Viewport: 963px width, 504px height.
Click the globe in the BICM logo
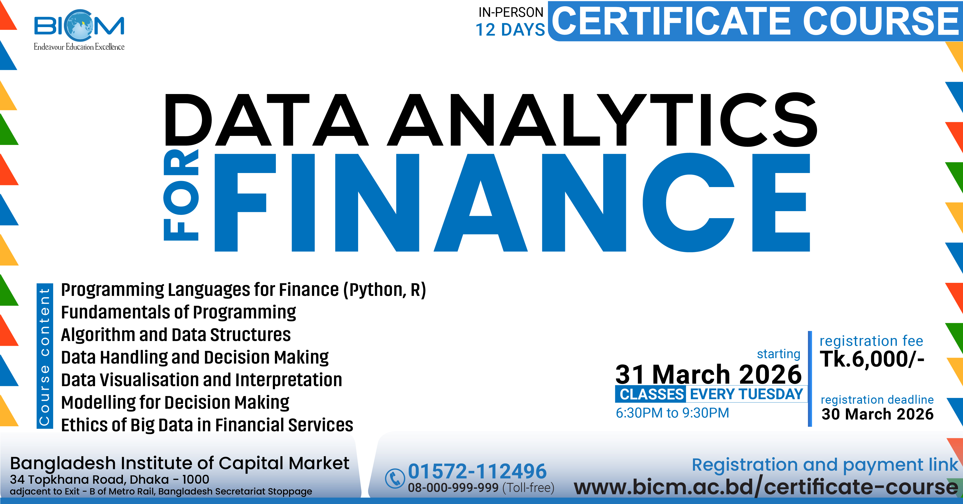point(79,25)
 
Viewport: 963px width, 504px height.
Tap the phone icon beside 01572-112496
point(395,478)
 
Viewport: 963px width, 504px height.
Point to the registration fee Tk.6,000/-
point(872,359)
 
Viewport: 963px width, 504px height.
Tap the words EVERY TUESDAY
point(746,394)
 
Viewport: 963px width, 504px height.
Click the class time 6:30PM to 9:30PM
point(672,413)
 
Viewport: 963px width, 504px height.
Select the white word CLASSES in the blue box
point(652,394)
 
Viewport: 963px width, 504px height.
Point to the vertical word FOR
point(181,194)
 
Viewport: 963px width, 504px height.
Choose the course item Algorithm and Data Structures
point(176,335)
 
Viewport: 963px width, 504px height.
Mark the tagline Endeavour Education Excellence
point(79,47)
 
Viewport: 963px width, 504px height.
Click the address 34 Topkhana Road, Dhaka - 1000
point(110,479)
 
